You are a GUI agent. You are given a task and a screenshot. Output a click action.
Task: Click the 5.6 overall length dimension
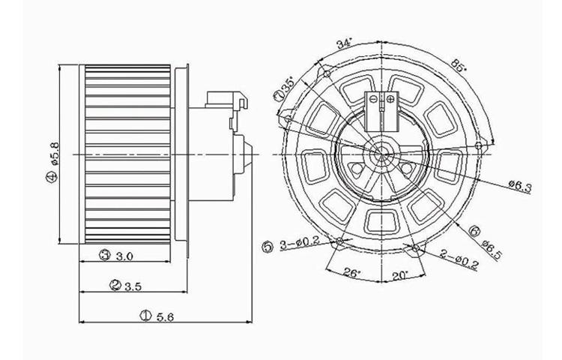coord(165,317)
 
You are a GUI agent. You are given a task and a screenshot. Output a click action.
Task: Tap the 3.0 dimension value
coord(124,256)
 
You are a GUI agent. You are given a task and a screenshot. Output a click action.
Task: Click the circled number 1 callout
coord(145,317)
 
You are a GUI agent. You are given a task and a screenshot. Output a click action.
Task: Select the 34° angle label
coord(344,44)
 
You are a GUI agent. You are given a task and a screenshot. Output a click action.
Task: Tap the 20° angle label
coord(398,274)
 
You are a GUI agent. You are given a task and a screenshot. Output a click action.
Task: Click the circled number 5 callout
coord(268,245)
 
